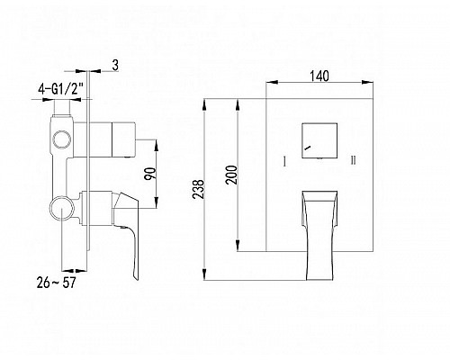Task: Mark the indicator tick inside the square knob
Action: (309, 145)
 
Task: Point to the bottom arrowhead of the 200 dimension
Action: (238, 247)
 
